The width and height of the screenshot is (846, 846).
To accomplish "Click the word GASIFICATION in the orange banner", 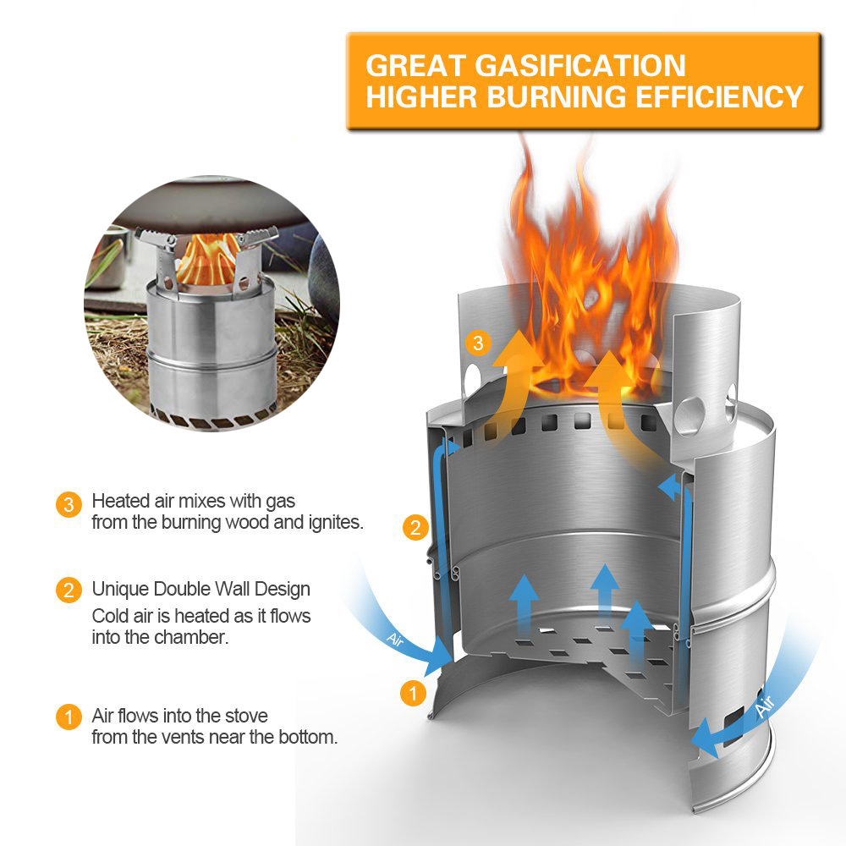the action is (x=580, y=66).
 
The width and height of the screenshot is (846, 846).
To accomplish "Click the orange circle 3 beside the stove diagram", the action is (x=477, y=343).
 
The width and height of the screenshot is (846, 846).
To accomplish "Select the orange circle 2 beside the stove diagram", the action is (x=415, y=527).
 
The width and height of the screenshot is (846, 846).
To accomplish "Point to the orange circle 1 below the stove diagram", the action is (x=414, y=693).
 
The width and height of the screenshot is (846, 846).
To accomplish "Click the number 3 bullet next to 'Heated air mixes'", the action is (x=69, y=505).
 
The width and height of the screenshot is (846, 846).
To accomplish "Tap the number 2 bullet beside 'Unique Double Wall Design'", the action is (x=69, y=591).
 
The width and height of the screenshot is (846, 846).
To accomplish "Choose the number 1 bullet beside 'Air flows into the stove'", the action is (x=69, y=717).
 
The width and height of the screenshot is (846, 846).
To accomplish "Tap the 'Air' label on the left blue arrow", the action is (x=395, y=640).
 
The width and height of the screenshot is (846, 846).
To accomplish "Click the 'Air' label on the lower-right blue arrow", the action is (x=765, y=706).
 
